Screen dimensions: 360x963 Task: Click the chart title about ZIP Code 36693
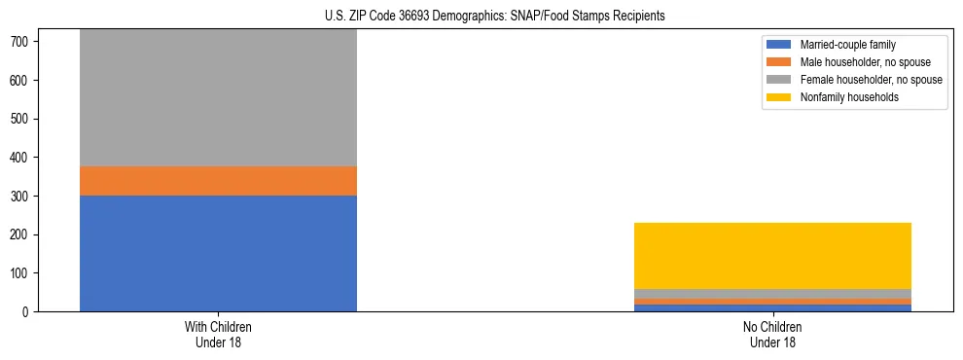tap(494, 17)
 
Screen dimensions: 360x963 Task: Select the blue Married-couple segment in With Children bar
tap(218, 253)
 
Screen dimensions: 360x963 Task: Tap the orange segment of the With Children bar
tap(218, 181)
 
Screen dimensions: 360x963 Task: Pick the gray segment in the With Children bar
tap(218, 97)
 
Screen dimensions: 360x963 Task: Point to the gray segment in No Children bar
tap(772, 294)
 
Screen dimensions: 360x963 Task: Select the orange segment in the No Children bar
tap(772, 302)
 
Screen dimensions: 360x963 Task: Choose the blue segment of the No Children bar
tap(772, 308)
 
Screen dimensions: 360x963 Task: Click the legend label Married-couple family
tap(847, 45)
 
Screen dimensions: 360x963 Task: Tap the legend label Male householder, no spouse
tap(861, 62)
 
